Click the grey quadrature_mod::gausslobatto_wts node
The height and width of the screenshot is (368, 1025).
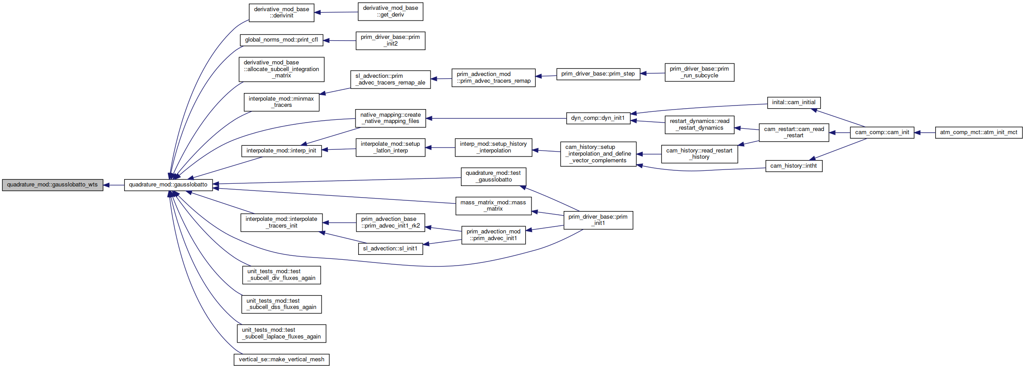click(x=52, y=185)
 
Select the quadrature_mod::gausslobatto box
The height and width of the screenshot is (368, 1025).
click(x=168, y=185)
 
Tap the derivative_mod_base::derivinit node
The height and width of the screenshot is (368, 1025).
click(x=281, y=13)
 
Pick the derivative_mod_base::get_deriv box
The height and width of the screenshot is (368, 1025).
click(x=390, y=12)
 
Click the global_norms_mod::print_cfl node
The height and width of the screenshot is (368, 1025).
click(x=281, y=40)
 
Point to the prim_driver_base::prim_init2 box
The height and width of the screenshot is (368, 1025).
click(x=390, y=41)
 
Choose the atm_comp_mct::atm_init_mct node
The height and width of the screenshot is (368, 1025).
click(x=979, y=132)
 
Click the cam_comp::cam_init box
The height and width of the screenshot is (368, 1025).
click(x=882, y=132)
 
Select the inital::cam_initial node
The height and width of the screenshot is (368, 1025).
click(x=794, y=102)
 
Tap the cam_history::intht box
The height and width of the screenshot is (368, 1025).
click(x=794, y=166)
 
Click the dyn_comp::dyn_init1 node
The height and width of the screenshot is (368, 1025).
click(x=598, y=118)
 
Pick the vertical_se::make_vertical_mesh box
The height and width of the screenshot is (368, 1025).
click(x=281, y=360)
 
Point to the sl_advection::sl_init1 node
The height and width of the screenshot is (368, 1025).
click(x=390, y=249)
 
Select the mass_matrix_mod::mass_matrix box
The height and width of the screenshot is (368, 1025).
click(x=493, y=206)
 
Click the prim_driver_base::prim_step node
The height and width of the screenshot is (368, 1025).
click(x=598, y=74)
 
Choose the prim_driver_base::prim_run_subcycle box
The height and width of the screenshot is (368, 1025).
click(x=699, y=72)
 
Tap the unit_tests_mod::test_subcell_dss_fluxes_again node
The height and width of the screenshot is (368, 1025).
click(x=281, y=304)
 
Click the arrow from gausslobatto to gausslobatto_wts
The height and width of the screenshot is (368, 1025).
click(x=113, y=185)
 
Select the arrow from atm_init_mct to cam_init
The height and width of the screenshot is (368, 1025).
click(x=925, y=132)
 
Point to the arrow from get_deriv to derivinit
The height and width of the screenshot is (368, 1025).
click(x=336, y=12)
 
